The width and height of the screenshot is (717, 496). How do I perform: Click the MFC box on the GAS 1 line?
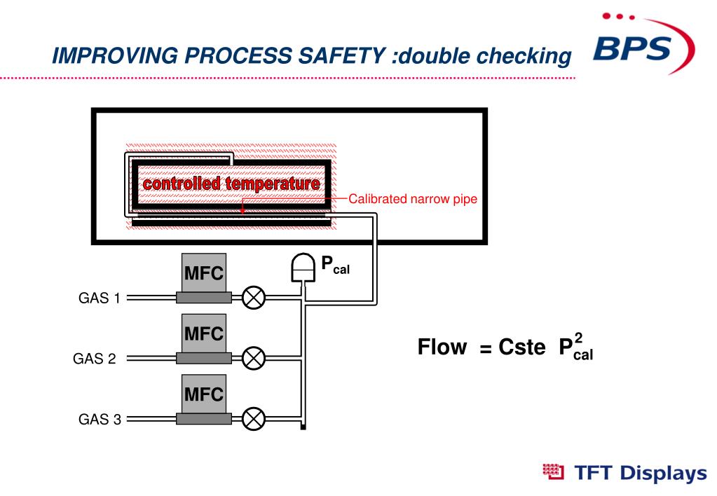tap(204, 273)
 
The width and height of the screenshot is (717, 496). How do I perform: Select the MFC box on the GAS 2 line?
tap(204, 333)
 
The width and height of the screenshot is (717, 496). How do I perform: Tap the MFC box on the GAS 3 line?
tap(204, 394)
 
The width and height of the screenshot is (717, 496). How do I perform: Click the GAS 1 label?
tap(99, 298)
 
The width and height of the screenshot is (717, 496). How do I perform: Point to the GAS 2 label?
tap(95, 359)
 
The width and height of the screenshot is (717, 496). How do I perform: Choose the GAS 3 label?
tap(99, 420)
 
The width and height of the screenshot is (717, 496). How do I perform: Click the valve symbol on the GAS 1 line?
tap(254, 298)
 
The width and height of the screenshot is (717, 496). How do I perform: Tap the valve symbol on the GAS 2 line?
tap(254, 359)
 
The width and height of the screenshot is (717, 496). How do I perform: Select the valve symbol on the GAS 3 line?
tap(254, 420)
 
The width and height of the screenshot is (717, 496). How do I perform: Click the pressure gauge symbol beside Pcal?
tap(302, 267)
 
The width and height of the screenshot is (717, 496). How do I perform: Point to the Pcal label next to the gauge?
tap(334, 265)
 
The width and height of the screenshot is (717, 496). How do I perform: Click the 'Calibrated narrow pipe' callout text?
tap(413, 199)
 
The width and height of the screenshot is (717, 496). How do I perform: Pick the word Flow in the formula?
tap(442, 347)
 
